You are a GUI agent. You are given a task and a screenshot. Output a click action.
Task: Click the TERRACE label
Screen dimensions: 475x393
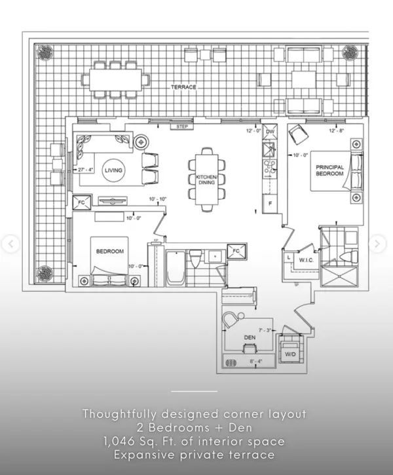pyautogui.click(x=184, y=87)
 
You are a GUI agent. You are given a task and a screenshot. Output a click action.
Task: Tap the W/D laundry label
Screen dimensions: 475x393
pyautogui.click(x=289, y=354)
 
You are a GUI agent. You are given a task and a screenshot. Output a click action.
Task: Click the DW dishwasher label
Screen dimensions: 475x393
pyautogui.click(x=271, y=132)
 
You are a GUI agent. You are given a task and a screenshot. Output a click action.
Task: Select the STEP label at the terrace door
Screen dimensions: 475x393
pyautogui.click(x=183, y=126)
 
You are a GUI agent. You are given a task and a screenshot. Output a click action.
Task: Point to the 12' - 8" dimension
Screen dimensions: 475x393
pyautogui.click(x=336, y=130)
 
